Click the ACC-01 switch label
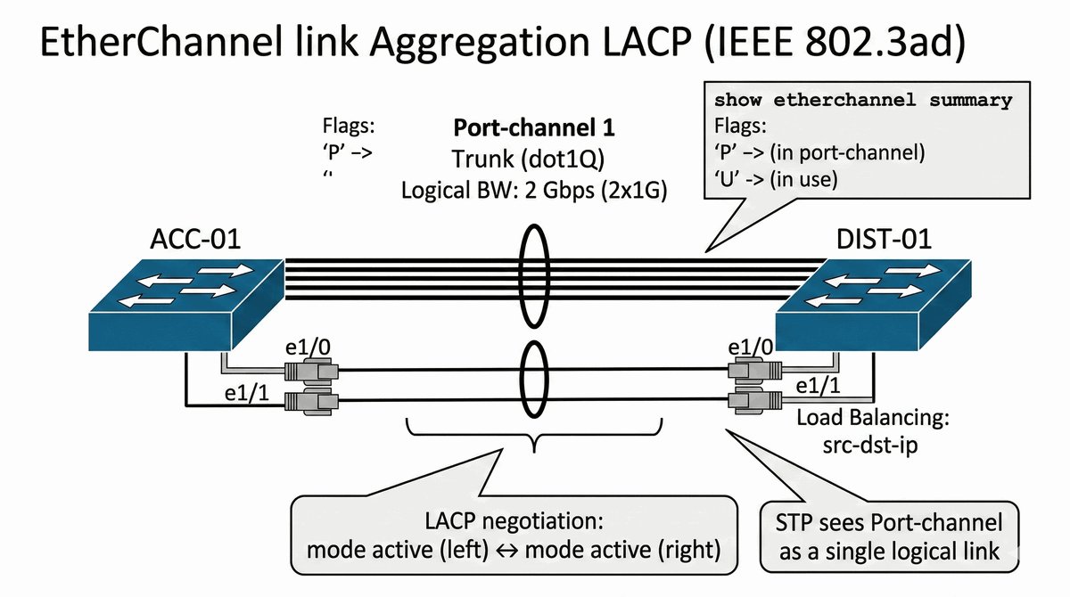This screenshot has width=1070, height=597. (x=195, y=239)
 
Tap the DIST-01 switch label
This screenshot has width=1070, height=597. (x=884, y=239)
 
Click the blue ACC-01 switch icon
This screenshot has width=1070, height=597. (x=186, y=305)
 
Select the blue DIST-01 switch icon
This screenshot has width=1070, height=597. (x=873, y=305)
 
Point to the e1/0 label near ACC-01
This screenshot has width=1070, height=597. (x=308, y=348)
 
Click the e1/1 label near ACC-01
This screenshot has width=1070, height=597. (x=247, y=393)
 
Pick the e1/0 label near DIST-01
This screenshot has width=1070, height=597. (x=751, y=348)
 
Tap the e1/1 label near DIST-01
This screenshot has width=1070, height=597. (x=818, y=386)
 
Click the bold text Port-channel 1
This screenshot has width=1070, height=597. (x=533, y=127)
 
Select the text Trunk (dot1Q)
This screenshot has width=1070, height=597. (x=528, y=159)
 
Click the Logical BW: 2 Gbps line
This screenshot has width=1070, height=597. (x=534, y=191)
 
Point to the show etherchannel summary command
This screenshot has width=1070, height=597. (x=863, y=100)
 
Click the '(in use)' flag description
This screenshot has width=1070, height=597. (x=804, y=179)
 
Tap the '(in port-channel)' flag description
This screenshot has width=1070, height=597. (x=847, y=152)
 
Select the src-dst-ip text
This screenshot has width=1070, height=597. (x=870, y=446)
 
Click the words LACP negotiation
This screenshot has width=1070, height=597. (x=514, y=521)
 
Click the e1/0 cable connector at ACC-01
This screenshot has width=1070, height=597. (x=311, y=371)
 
